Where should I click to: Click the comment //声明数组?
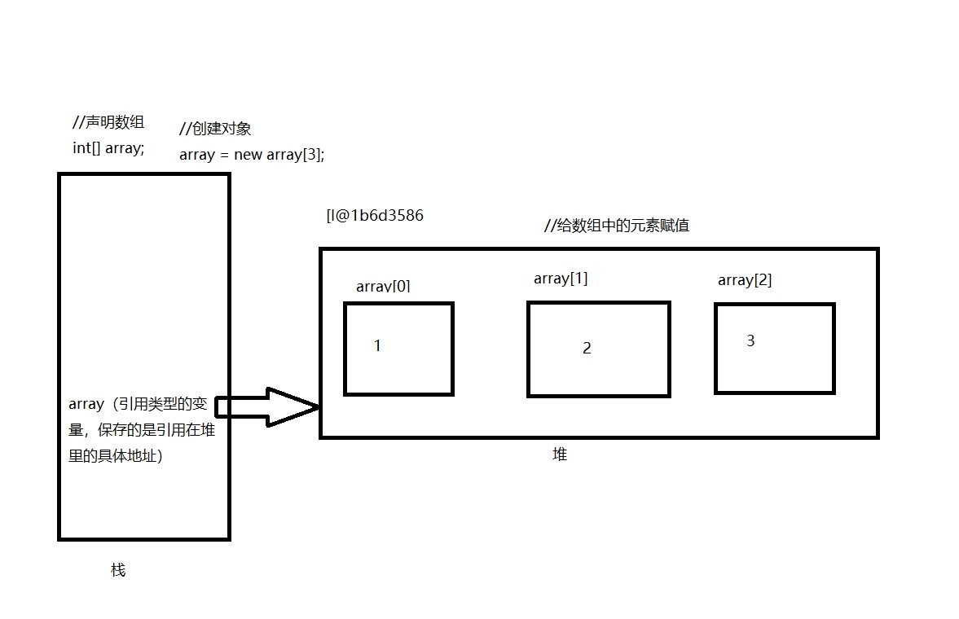pos(108,123)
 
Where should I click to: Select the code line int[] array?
pos(108,148)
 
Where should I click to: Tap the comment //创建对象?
pos(215,129)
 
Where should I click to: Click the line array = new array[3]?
pos(252,155)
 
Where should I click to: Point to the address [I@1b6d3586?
pos(374,216)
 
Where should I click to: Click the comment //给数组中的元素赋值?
pos(617,226)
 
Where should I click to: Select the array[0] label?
pos(383,286)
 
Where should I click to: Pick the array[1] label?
pos(561,279)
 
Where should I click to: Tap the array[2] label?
pos(745,280)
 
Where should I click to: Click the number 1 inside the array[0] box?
pos(377,345)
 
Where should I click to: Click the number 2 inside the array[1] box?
pos(587,349)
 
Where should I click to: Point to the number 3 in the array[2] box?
pos(750,341)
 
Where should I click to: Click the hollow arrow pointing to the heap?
pos(269,406)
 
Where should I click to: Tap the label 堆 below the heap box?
pos(559,455)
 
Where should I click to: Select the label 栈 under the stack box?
pos(118,570)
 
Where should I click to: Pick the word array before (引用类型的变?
pos(86,404)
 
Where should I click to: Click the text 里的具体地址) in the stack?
pos(116,456)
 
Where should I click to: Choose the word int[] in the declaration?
pos(87,148)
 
